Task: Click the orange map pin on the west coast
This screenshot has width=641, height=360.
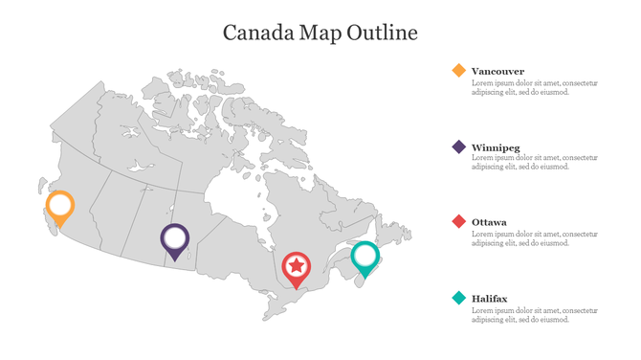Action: click(x=59, y=207)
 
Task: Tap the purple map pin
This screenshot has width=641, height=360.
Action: click(x=174, y=239)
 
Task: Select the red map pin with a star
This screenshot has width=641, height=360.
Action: click(x=298, y=266)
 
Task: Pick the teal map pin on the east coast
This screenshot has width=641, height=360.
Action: click(x=365, y=258)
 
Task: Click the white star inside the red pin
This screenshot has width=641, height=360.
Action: click(x=298, y=264)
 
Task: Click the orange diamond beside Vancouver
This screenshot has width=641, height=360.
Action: click(x=459, y=71)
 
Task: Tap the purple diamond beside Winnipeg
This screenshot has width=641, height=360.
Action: click(x=459, y=147)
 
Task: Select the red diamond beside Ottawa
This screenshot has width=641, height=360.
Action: click(x=459, y=222)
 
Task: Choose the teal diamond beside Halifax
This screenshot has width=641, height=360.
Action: click(x=459, y=299)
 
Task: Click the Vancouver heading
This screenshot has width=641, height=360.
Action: click(x=497, y=71)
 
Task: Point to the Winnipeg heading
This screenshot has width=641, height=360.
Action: click(x=496, y=147)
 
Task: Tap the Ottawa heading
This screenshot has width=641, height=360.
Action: click(x=489, y=222)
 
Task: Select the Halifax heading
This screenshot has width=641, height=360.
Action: click(x=489, y=299)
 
